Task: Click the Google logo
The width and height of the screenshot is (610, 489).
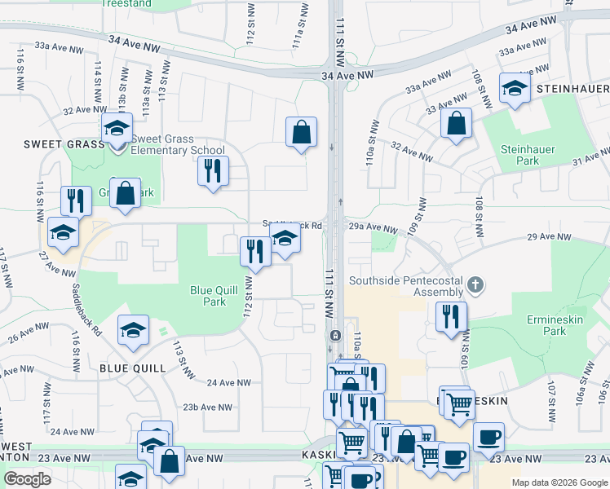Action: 26,478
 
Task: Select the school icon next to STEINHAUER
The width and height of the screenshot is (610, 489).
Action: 514,89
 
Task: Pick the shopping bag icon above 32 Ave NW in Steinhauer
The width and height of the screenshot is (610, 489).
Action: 456,124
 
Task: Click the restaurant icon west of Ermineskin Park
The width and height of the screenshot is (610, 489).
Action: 450,316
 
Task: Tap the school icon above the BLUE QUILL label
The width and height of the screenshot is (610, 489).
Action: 133,330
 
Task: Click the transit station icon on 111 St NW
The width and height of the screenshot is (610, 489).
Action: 334,335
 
